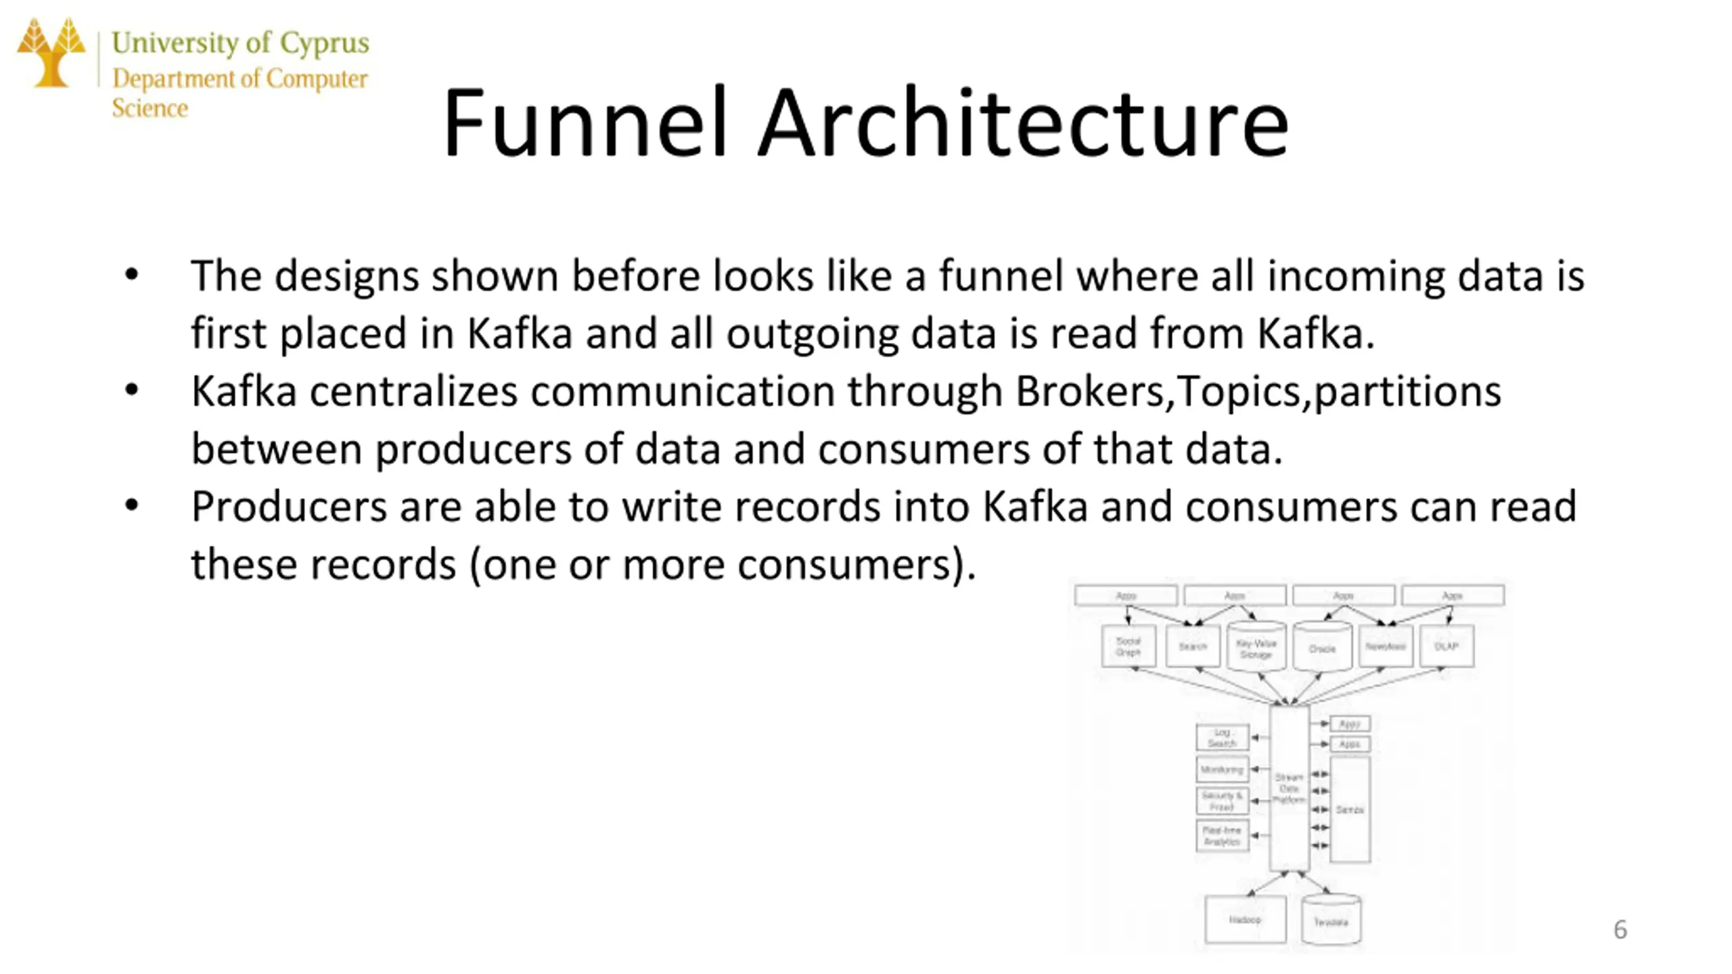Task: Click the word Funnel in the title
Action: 585,123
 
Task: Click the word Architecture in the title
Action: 1023,123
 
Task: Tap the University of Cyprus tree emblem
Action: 51,53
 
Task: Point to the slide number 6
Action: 1620,929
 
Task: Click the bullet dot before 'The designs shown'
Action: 132,275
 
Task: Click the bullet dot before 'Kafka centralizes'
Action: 132,391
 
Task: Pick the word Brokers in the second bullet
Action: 1089,391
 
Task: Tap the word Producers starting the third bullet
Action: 289,507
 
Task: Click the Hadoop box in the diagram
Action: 1245,919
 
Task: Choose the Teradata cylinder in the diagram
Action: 1331,921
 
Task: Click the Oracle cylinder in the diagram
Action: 1322,647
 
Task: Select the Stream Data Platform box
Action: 1289,789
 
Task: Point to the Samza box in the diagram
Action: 1350,809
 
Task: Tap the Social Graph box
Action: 1128,647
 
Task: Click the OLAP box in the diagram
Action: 1446,646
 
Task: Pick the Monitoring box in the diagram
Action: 1222,770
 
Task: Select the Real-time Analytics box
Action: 1222,836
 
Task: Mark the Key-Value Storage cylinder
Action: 1256,647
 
